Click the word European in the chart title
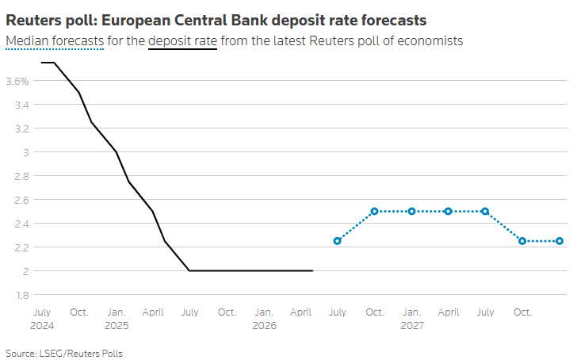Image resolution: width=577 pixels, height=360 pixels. (136, 21)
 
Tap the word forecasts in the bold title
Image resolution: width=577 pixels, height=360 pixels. (393, 21)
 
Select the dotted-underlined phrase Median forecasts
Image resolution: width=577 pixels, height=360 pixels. (55, 41)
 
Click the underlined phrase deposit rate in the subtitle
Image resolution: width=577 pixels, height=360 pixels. (182, 41)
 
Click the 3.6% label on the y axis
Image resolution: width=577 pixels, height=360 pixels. (17, 81)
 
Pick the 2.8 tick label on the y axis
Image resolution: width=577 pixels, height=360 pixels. (21, 176)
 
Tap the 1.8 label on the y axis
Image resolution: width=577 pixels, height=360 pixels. (22, 295)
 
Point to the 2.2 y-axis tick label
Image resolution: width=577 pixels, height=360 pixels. (21, 247)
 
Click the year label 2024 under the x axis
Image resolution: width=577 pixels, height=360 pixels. (42, 326)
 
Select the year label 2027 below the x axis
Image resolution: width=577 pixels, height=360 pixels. (412, 326)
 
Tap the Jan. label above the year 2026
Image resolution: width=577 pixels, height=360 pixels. (264, 312)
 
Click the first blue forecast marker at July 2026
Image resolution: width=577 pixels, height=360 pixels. (337, 241)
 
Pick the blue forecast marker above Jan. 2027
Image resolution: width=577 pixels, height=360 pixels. (412, 211)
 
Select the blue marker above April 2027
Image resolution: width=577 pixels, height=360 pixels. (449, 211)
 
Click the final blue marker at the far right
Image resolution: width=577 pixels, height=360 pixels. (560, 241)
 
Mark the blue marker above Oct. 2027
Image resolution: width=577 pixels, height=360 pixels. (522, 241)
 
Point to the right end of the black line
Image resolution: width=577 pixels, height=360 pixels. (313, 271)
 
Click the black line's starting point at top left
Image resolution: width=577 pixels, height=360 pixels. (41, 63)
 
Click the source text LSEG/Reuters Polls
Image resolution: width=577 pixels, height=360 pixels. (81, 354)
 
